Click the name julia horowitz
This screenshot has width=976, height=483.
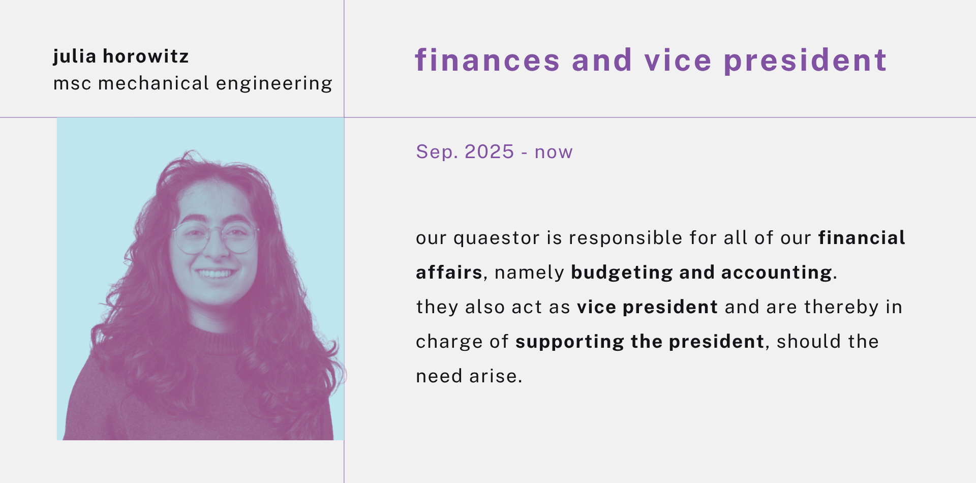(121, 56)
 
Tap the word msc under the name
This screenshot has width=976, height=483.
(72, 83)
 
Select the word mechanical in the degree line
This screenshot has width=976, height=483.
(154, 83)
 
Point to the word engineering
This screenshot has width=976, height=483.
(274, 84)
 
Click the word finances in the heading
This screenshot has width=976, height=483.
(487, 60)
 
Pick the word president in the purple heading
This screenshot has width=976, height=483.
(805, 61)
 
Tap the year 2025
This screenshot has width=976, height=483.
(489, 152)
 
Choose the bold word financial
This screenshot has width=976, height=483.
(862, 238)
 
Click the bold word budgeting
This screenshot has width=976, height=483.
(622, 273)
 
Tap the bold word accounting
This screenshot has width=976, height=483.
(777, 273)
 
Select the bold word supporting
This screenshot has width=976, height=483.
(570, 342)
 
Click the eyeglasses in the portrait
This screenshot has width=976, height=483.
(216, 236)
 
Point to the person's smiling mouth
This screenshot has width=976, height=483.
(215, 274)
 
